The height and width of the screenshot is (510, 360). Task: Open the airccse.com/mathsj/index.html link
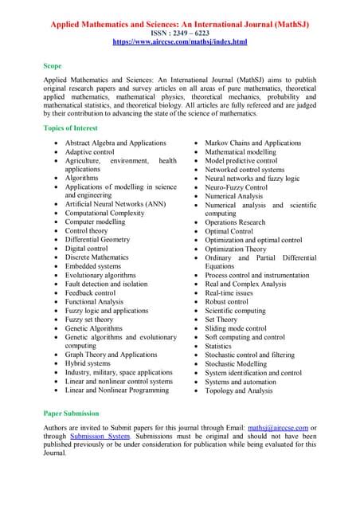(x=180, y=41)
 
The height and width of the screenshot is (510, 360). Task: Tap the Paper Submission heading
(x=72, y=414)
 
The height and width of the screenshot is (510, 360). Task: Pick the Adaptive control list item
(x=89, y=151)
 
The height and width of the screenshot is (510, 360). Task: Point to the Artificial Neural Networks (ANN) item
(x=115, y=204)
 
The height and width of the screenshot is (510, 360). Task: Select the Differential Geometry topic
(x=97, y=239)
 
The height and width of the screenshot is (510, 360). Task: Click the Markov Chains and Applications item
(x=252, y=143)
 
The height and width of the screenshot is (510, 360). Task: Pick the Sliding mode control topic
(x=236, y=328)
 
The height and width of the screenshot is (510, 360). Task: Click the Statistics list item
(x=217, y=346)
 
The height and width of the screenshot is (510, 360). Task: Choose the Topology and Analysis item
(x=238, y=390)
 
